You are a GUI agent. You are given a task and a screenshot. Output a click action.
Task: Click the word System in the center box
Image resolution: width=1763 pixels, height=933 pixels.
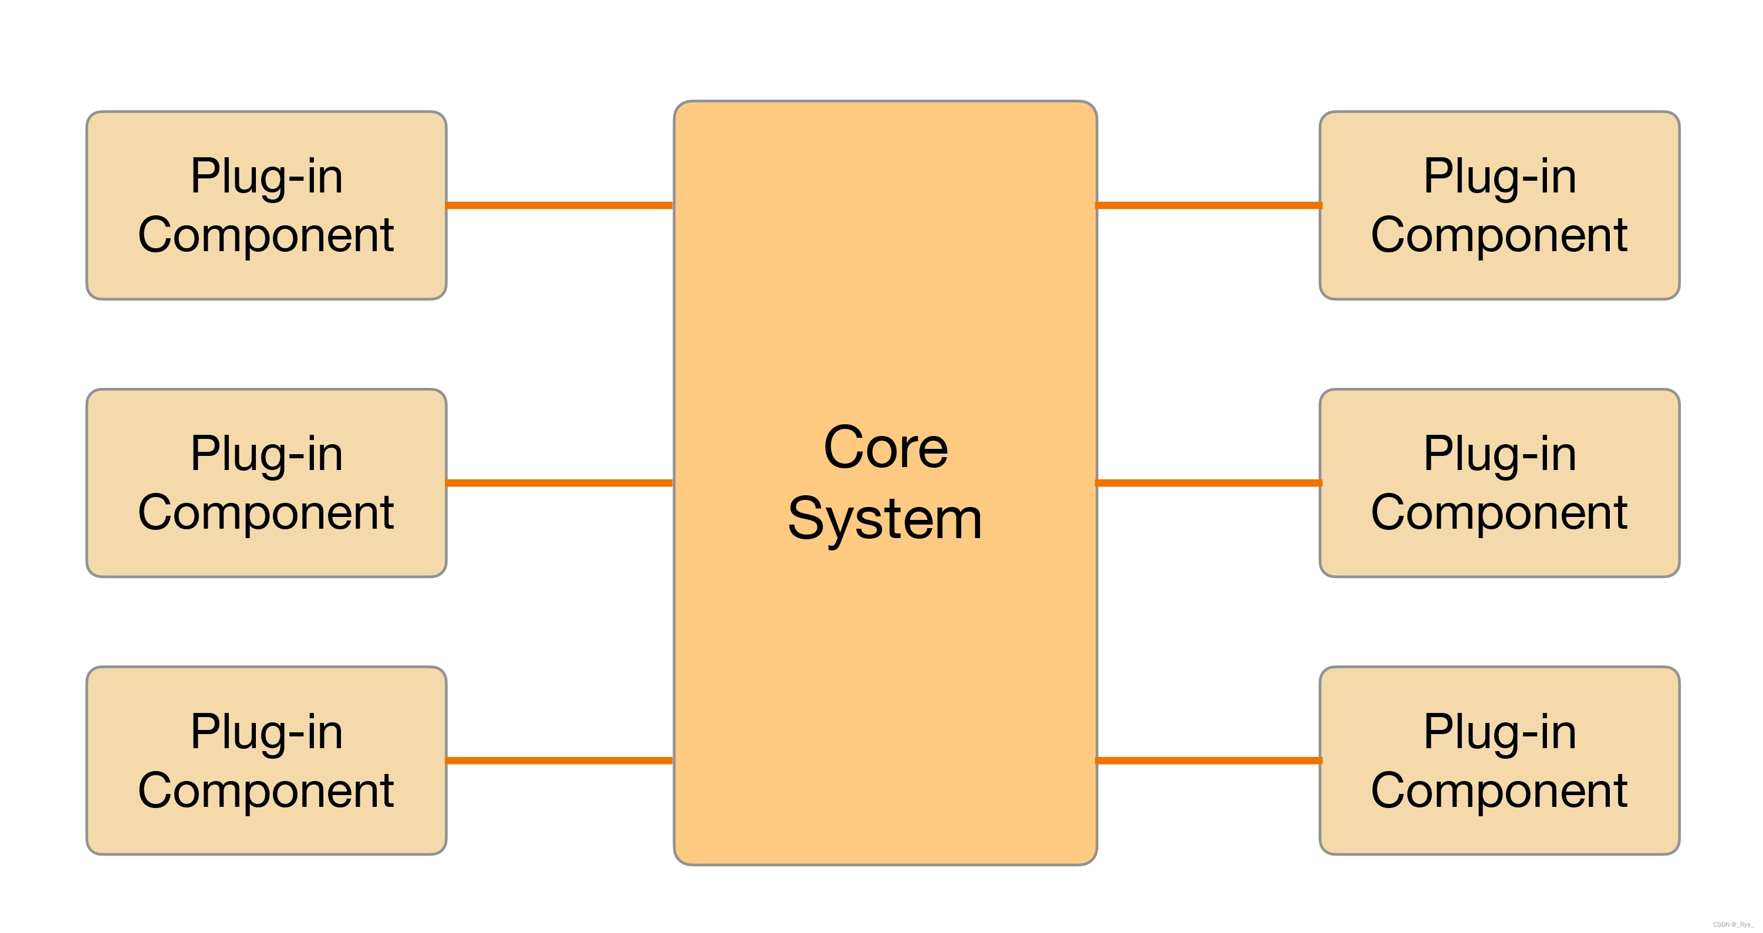click(x=885, y=519)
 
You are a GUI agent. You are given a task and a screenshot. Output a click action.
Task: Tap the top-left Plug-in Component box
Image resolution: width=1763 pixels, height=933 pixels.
click(x=266, y=205)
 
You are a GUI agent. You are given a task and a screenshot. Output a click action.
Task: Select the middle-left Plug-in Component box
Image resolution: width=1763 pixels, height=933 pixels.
click(x=266, y=482)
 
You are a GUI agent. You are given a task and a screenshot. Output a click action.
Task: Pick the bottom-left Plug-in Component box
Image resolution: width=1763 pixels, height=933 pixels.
click(x=266, y=760)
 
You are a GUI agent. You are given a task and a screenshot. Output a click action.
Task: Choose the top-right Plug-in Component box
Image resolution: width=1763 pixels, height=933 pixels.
click(x=1499, y=205)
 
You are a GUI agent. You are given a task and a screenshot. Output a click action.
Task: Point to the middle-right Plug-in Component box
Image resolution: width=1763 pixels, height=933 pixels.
click(x=1499, y=482)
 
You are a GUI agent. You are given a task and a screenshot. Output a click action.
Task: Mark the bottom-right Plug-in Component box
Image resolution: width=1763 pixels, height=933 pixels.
click(x=1499, y=760)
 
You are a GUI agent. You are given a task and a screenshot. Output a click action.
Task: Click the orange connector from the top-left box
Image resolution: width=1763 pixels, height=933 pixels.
click(x=560, y=205)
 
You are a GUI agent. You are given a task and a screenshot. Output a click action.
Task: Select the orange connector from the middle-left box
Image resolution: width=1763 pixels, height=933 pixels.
click(x=560, y=482)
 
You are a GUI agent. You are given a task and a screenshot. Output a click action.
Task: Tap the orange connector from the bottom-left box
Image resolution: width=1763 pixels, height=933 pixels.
click(x=560, y=760)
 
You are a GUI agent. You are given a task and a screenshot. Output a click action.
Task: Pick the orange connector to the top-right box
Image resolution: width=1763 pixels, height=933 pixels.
click(x=1208, y=205)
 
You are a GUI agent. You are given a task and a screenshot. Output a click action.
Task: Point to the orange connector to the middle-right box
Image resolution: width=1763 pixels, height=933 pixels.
click(x=1208, y=482)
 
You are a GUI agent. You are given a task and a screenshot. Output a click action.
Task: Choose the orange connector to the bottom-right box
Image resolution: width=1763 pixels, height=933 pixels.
click(x=1208, y=760)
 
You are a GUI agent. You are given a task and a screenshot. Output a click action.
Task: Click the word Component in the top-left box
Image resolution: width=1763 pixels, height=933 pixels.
click(x=266, y=235)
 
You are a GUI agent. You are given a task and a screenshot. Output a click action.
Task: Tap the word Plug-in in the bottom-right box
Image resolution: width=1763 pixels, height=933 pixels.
click(x=1499, y=732)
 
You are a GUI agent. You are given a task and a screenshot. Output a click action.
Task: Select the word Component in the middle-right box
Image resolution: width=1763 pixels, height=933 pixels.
click(x=1499, y=513)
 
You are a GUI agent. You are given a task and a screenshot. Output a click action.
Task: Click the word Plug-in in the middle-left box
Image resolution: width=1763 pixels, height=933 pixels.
click(x=266, y=454)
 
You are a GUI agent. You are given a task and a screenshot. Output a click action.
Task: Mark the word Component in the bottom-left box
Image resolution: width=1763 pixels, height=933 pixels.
click(x=266, y=790)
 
